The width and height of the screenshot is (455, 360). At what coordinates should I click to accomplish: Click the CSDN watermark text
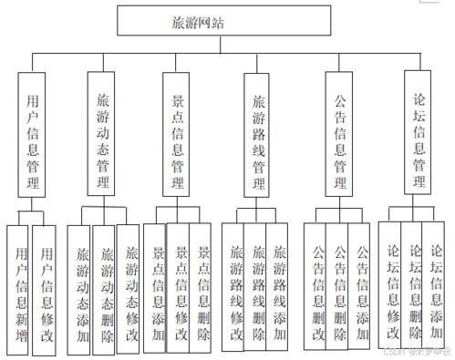point(415,352)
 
